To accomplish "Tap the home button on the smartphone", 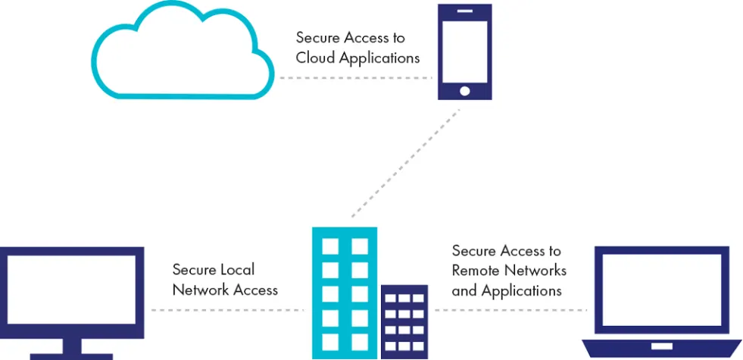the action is point(465,91).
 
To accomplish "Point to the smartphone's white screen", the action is point(465,51).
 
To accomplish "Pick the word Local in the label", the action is point(239,269).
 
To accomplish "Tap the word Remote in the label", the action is point(476,271).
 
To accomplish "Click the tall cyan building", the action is point(345,293).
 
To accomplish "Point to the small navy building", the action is point(404,322).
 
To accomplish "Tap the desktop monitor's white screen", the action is point(71,290).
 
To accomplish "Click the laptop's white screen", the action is point(661,290).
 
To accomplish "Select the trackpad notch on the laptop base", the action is point(661,346).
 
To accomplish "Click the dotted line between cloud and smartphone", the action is point(356,78).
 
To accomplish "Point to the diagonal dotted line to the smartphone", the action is point(406,163).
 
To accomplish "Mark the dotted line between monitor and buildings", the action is point(227,310).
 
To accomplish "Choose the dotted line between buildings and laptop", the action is point(510,310).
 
